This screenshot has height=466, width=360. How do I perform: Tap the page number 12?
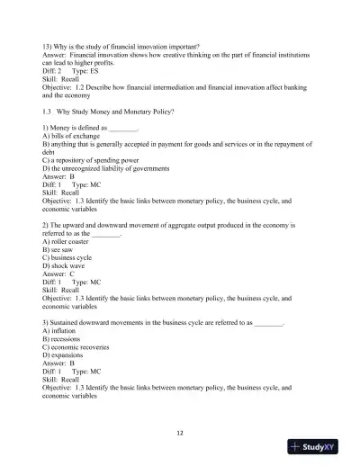click(180, 433)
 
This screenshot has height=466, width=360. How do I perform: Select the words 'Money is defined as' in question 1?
click(84, 128)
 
